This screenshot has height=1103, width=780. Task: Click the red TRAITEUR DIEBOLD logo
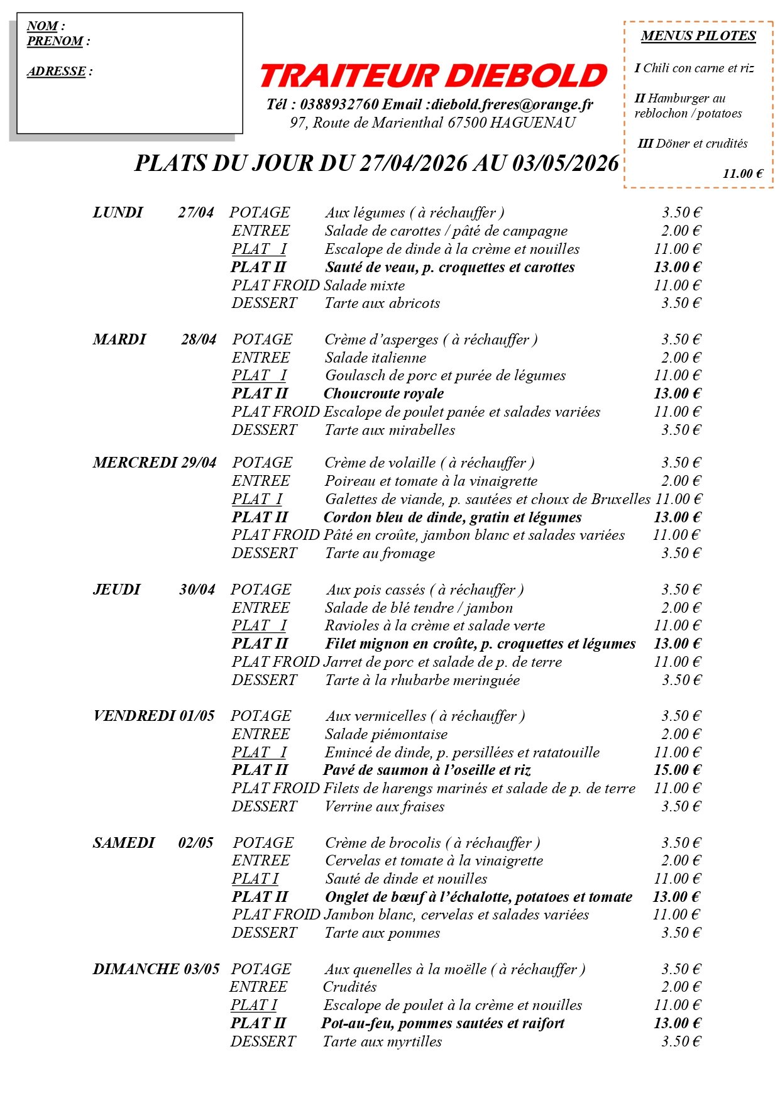(x=433, y=76)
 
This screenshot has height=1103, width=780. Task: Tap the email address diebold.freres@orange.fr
(x=512, y=104)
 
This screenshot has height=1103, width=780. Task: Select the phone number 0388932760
(x=339, y=104)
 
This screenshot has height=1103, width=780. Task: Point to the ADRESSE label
(x=57, y=72)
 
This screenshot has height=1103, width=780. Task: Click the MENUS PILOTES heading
(x=698, y=36)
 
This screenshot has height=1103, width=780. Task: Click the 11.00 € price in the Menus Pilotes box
(x=742, y=174)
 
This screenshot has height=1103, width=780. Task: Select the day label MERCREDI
(x=135, y=463)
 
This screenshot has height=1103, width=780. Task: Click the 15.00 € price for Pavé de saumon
(x=677, y=770)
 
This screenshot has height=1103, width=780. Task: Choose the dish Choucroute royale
(x=383, y=394)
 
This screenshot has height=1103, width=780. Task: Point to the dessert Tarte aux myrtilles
(x=382, y=1041)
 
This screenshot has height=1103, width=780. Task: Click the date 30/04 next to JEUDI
(x=197, y=590)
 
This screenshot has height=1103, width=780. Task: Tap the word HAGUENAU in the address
(x=532, y=123)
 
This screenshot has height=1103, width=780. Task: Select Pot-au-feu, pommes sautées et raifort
(x=442, y=1023)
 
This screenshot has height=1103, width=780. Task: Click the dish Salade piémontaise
(x=386, y=734)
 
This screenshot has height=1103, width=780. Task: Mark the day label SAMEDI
(x=124, y=843)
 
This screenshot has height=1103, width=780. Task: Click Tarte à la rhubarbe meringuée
(x=422, y=680)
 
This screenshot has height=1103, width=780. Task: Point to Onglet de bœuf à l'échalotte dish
(x=478, y=897)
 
